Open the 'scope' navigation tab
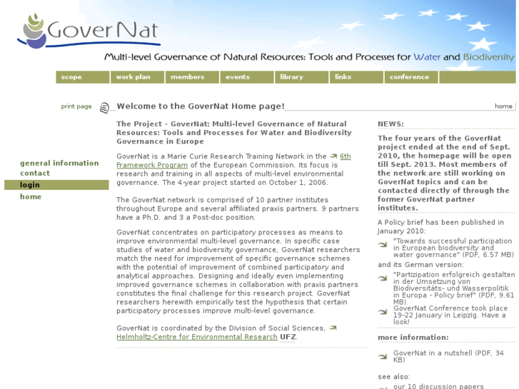point(72,77)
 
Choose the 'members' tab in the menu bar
point(187,77)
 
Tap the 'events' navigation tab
point(238,77)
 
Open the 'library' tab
point(291,77)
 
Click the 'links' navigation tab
point(343,77)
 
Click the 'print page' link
point(76,106)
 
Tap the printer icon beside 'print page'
point(104,108)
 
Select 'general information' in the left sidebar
point(59,163)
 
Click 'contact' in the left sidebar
point(35,173)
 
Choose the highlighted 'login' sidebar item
point(30,185)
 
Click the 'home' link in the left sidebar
point(31,196)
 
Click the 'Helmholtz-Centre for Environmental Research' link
point(197,337)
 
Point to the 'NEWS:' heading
point(390,124)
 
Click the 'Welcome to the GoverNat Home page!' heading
point(201,106)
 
